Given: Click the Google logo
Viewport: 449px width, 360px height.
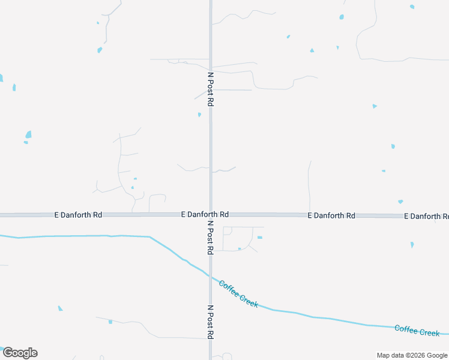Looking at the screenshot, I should pos(20,353).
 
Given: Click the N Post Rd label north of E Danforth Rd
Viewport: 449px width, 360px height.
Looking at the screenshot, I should pos(211,89).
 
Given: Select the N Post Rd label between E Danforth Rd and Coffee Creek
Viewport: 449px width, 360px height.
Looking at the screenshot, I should pos(211,237).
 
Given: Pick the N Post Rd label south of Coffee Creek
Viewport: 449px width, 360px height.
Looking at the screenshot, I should pos(211,322).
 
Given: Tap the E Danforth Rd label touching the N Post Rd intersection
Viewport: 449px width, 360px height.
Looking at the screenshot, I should pos(205,214).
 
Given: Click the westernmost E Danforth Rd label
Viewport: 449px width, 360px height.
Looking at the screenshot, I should pos(78,214).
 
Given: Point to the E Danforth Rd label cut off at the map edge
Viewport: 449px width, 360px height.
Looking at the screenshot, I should pos(426,216).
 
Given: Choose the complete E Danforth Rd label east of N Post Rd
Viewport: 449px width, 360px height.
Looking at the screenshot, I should pos(331,215).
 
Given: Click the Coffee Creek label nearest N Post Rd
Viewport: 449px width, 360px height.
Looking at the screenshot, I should pos(238,294).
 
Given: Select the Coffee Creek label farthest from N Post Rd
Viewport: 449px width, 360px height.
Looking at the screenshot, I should pos(417,331).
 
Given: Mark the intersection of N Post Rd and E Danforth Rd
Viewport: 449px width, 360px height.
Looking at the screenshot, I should pos(211,214).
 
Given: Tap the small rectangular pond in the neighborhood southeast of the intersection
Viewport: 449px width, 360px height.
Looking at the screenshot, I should pos(259,238).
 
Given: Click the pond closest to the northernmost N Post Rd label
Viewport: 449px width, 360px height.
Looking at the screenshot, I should pos(199,115).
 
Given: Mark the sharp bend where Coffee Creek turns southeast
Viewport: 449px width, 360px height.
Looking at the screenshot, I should pos(149,237).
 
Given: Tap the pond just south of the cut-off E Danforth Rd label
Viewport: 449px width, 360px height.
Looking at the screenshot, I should pos(412,245).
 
